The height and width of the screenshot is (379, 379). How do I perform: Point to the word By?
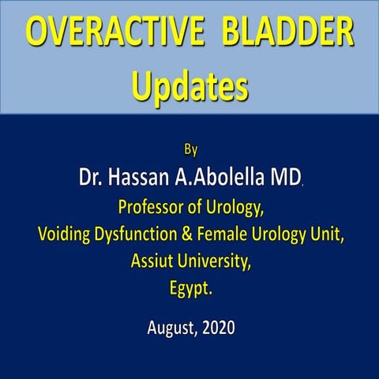click(189, 148)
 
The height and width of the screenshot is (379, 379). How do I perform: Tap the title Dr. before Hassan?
click(92, 177)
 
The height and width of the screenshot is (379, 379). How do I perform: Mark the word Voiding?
click(64, 235)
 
